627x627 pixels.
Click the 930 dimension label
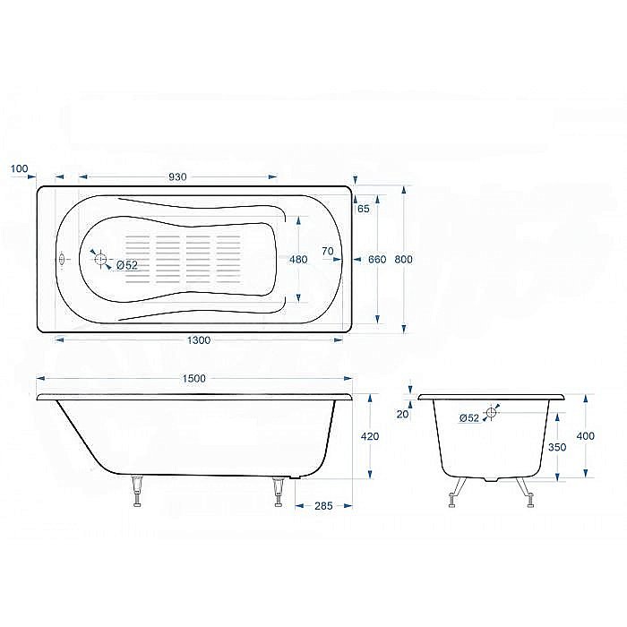[x=177, y=176]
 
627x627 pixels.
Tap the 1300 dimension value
[x=199, y=340]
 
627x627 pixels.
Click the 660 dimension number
[x=377, y=259]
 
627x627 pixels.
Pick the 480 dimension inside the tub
[x=298, y=260]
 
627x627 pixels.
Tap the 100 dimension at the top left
[x=20, y=168]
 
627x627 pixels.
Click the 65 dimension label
[x=363, y=209]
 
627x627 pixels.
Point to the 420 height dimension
[x=369, y=436]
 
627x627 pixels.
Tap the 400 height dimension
[x=586, y=436]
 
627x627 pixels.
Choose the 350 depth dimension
[x=557, y=446]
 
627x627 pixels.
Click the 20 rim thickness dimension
[x=402, y=414]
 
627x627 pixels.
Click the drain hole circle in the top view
[x=101, y=261]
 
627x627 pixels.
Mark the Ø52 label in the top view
[x=125, y=265]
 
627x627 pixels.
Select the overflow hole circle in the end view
[x=491, y=414]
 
